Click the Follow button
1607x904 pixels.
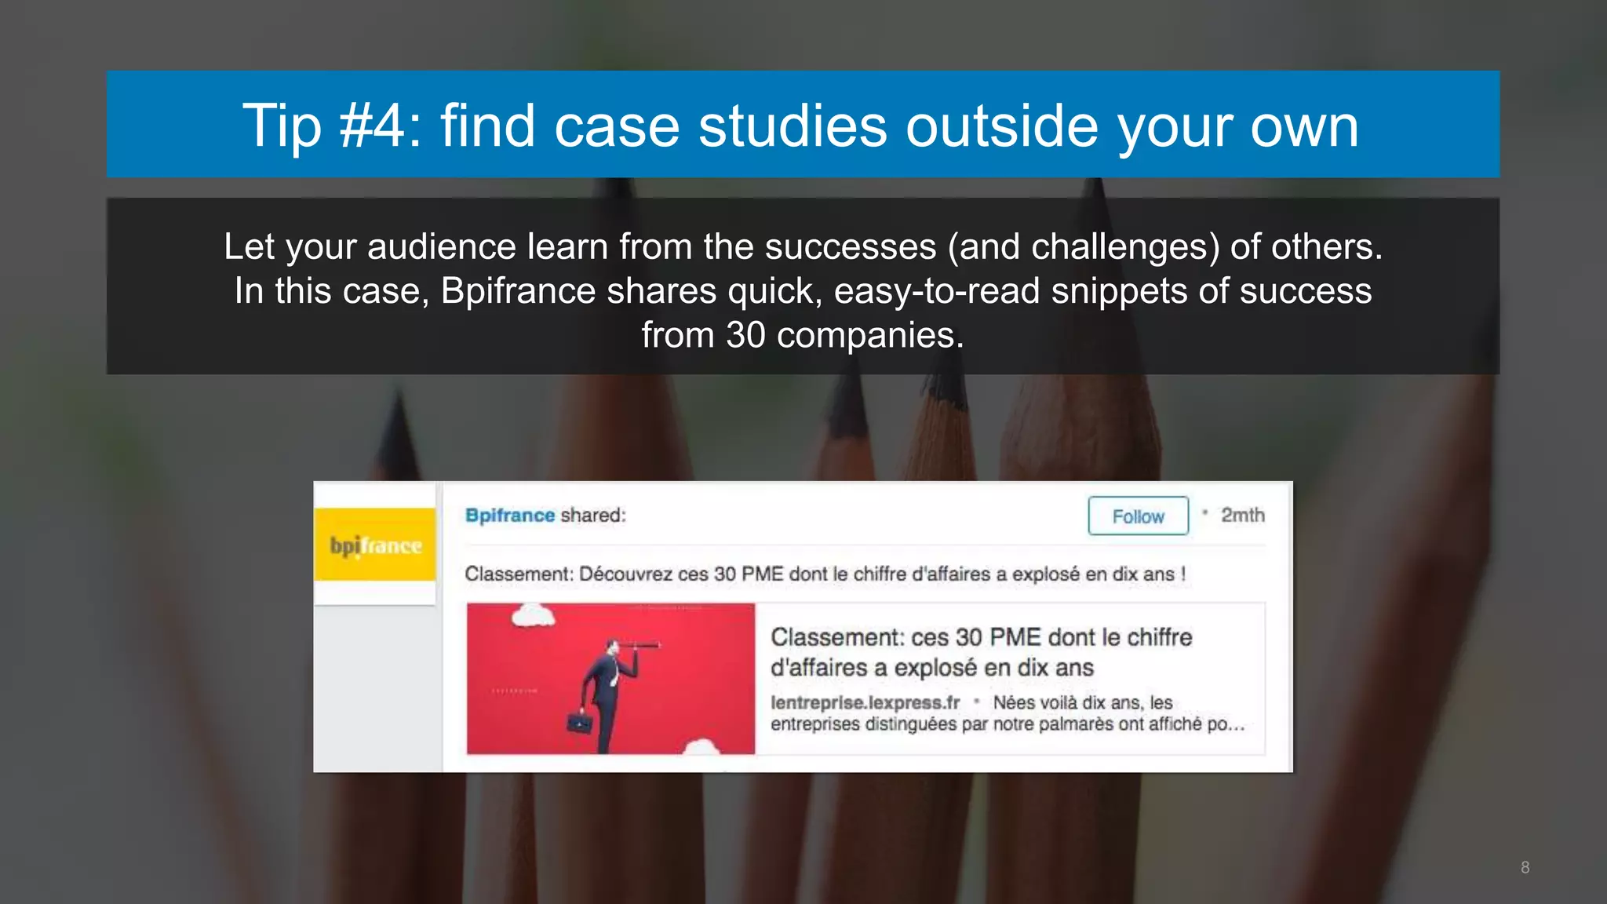coord(1138,516)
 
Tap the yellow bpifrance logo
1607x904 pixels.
coord(375,545)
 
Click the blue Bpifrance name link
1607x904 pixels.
coord(510,516)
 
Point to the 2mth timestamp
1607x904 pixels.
coord(1242,516)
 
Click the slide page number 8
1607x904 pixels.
coord(1525,867)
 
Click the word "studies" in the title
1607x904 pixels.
coord(793,126)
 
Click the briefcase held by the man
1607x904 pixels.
coord(580,720)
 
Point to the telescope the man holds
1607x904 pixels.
coord(640,645)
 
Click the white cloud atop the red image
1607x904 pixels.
coord(534,616)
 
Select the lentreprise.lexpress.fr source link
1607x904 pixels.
coord(865,702)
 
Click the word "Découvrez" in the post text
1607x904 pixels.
coord(625,574)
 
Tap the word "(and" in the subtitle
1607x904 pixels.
coord(986,247)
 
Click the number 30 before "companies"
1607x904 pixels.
coord(745,336)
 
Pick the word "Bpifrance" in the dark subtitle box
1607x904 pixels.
coord(518,292)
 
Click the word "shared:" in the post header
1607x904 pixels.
coord(593,516)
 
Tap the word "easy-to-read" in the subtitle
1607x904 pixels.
coord(937,292)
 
